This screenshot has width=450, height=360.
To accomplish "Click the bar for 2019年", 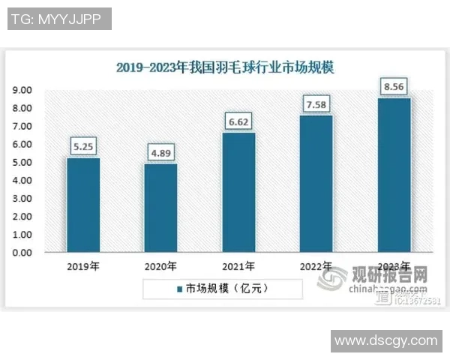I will pyautogui.click(x=82, y=205).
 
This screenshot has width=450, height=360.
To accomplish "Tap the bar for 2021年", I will pyautogui.click(x=238, y=193).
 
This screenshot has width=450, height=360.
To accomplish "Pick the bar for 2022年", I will pyautogui.click(x=316, y=184).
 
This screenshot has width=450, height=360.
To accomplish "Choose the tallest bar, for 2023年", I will pyautogui.click(x=394, y=175).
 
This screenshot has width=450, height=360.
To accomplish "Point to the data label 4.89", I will pyautogui.click(x=160, y=154).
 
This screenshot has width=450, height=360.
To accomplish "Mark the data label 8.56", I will pyautogui.click(x=394, y=86).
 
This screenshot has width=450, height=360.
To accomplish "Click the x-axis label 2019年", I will pyautogui.click(x=82, y=266).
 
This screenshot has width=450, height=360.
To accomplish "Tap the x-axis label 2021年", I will pyautogui.click(x=238, y=266).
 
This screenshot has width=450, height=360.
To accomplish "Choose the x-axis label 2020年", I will pyautogui.click(x=160, y=266).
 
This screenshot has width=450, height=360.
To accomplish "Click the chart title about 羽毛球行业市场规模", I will pyautogui.click(x=225, y=67).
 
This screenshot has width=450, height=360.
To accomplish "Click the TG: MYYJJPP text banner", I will pyautogui.click(x=60, y=19).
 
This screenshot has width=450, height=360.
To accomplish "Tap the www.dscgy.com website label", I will pyautogui.click(x=385, y=340).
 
